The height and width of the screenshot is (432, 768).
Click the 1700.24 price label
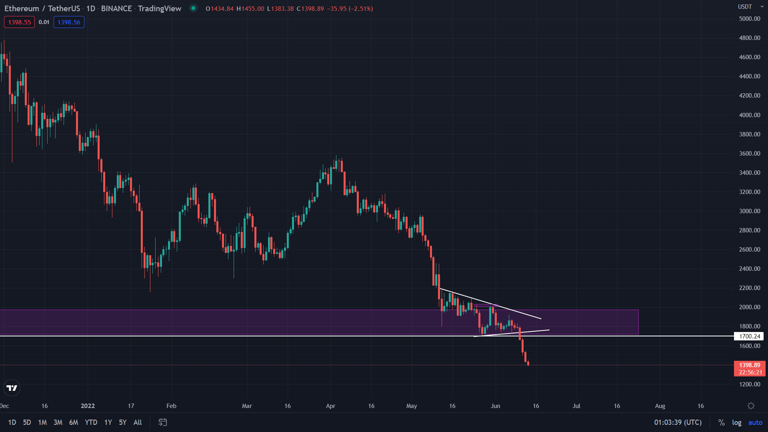tap(749, 336)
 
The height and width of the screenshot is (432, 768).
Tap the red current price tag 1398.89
tap(749, 365)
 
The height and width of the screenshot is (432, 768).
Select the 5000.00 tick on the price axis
tap(749, 19)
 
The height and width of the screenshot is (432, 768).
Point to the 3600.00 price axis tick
tap(749, 154)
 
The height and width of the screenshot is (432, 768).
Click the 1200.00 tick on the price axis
tap(749, 384)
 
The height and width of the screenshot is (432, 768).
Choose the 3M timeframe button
tap(58, 422)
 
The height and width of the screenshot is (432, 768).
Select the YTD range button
tap(91, 422)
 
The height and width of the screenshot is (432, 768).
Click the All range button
tap(138, 422)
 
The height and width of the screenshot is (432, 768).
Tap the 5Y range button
tap(123, 422)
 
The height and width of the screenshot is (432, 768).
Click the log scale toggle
tap(736, 422)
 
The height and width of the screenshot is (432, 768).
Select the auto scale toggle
tap(755, 422)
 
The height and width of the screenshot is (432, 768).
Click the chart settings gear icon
tap(751, 406)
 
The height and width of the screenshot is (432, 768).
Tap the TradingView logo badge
tap(12, 388)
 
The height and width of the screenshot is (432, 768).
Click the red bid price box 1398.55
tap(19, 22)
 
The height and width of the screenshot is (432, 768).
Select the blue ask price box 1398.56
tap(69, 22)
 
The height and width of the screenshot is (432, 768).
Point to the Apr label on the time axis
tap(330, 406)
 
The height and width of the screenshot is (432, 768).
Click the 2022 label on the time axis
tap(88, 406)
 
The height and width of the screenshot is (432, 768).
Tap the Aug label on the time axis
tap(660, 406)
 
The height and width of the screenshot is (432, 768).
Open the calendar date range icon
tap(162, 422)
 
